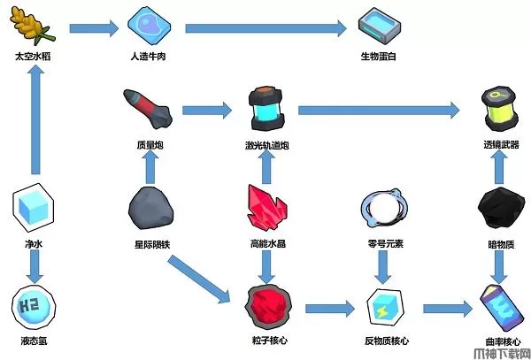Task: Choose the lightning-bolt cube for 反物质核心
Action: point(382,306)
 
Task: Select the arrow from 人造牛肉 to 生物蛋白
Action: point(265,28)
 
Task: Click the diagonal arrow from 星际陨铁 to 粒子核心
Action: point(201,278)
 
